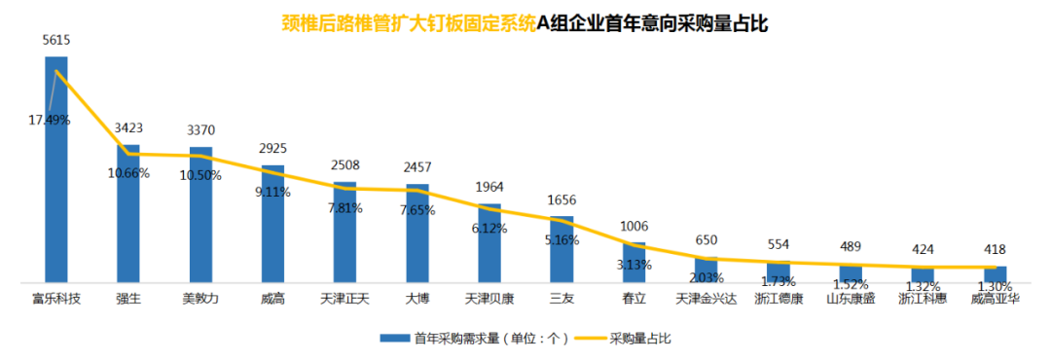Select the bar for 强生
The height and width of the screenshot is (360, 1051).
coord(128,214)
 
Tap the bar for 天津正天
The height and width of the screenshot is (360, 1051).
coord(344,233)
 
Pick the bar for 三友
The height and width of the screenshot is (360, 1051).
coord(562,249)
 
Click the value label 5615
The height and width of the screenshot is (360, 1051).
coord(56,41)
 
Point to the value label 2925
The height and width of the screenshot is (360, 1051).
coord(272,148)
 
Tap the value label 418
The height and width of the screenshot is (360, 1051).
coord(995,249)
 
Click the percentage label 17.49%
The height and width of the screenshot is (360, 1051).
coord(50,120)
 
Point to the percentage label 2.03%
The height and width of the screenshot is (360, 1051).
coord(706,278)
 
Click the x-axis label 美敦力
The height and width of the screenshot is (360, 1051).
coord(200,299)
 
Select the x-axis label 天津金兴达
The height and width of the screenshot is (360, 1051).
coord(706,299)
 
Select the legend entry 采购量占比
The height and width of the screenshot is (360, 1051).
coord(639,339)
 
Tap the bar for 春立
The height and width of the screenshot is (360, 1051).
coord(634,263)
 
